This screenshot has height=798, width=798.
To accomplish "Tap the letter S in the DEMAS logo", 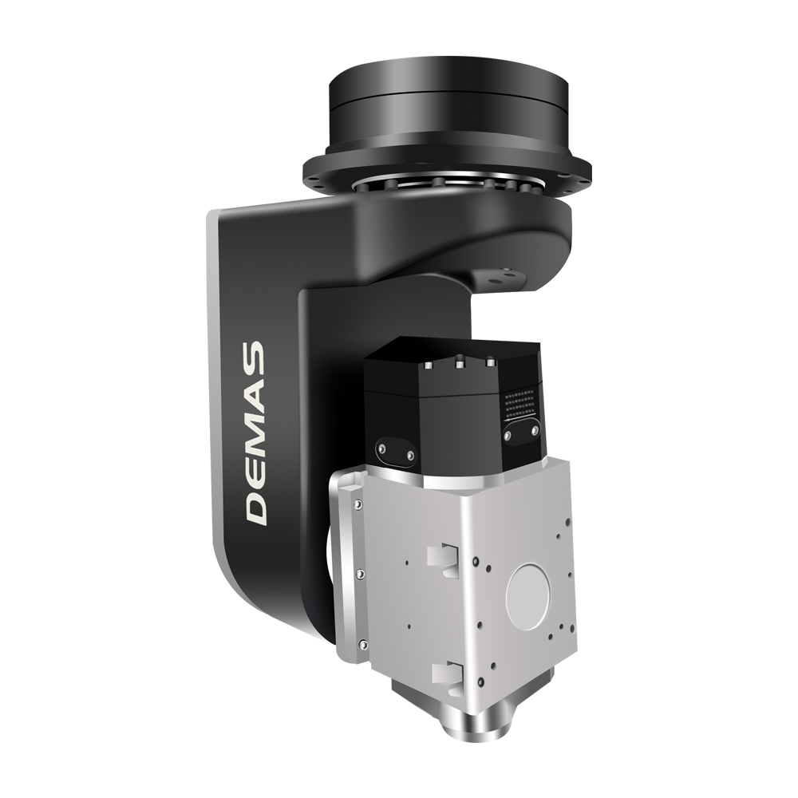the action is pos(255,357).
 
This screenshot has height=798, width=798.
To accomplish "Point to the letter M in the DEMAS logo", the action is pos(256,429).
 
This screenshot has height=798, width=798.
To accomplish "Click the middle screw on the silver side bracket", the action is pos(361,574).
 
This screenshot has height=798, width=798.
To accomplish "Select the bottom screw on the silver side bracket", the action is pos(361,645).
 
